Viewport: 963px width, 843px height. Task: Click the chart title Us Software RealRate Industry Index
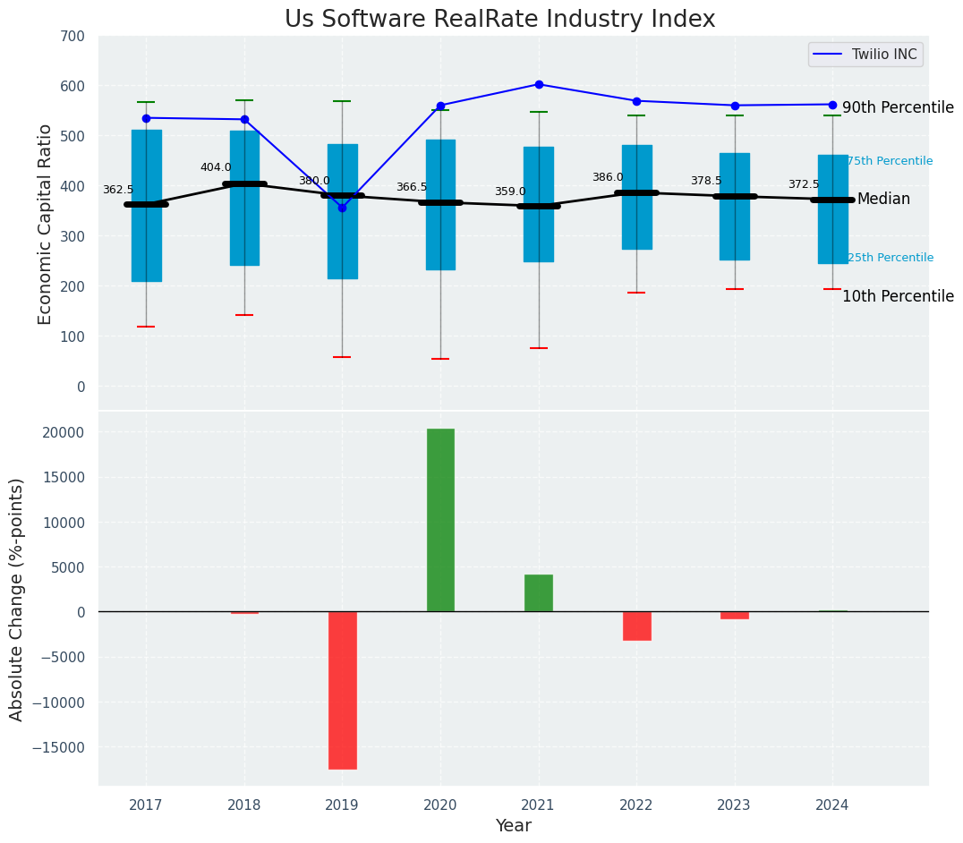click(x=499, y=20)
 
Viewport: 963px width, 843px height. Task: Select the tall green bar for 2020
click(x=440, y=519)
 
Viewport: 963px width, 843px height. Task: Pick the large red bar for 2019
click(x=342, y=689)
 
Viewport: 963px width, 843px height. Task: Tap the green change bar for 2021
click(x=539, y=592)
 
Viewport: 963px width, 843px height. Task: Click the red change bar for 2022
click(x=636, y=626)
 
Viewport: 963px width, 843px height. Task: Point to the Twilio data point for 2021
click(x=539, y=84)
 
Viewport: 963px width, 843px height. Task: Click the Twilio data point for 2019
click(x=342, y=208)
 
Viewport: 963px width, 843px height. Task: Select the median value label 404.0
click(x=216, y=167)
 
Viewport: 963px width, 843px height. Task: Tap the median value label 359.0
click(x=510, y=192)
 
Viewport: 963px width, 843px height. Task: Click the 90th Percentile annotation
click(x=898, y=107)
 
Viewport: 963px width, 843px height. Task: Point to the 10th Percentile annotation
click(x=898, y=296)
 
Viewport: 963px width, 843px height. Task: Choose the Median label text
click(x=883, y=200)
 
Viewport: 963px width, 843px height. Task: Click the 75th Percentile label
click(x=890, y=161)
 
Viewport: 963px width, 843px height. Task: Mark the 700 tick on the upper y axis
click(x=74, y=37)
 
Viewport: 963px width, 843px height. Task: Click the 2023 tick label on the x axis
click(x=735, y=805)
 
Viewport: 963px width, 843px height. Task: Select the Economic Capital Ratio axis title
click(x=46, y=225)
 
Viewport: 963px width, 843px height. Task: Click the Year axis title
click(x=513, y=825)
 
